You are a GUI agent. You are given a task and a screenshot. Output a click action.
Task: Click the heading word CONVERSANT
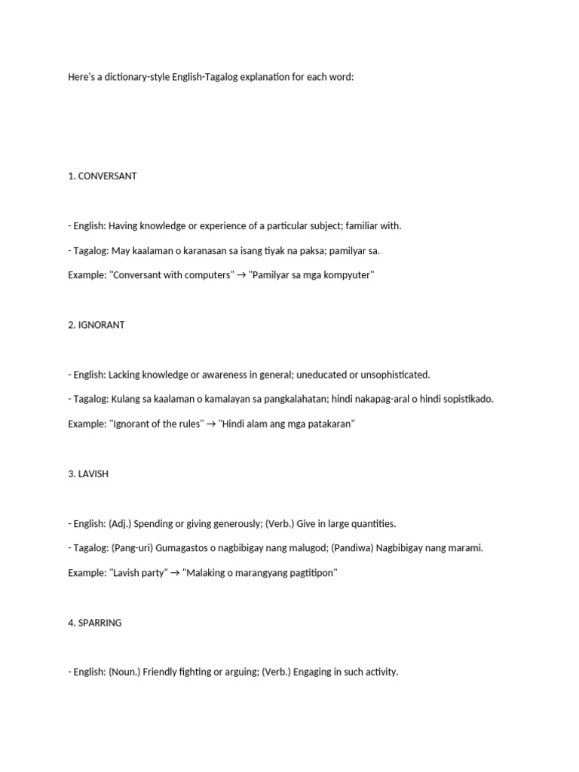click(x=107, y=176)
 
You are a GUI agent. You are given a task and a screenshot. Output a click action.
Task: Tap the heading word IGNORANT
click(x=101, y=325)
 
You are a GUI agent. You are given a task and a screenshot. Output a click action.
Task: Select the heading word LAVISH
click(x=93, y=474)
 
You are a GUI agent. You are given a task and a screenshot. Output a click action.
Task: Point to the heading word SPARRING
click(x=100, y=623)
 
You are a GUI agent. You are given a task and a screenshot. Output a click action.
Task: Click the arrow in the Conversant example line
click(x=240, y=275)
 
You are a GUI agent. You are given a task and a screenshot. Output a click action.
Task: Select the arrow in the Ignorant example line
click(x=210, y=424)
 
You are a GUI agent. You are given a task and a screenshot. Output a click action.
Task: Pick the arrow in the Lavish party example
click(x=175, y=574)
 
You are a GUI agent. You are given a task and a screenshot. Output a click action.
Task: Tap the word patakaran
click(x=325, y=424)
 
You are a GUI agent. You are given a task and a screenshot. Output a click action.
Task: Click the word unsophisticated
click(x=394, y=375)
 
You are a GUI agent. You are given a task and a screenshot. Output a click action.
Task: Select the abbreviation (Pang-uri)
click(x=128, y=549)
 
